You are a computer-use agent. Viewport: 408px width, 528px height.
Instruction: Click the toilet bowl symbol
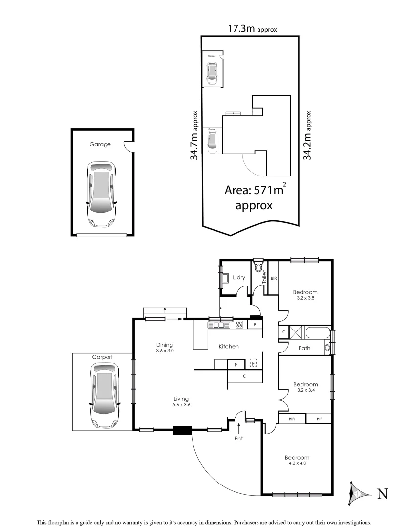click(x=258, y=268)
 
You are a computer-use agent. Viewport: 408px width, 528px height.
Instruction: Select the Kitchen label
click(x=229, y=346)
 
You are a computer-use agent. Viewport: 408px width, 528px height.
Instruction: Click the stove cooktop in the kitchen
click(x=239, y=324)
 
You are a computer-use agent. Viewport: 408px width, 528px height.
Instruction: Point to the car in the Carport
click(x=103, y=392)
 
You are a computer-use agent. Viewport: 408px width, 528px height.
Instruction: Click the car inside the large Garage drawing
click(x=101, y=194)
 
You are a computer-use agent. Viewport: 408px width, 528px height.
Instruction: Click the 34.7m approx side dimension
click(x=194, y=135)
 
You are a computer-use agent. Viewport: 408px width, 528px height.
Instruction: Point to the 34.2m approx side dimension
click(x=307, y=135)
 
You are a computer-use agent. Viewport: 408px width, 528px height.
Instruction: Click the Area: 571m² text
click(x=254, y=190)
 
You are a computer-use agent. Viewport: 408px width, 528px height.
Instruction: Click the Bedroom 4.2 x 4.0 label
click(x=297, y=460)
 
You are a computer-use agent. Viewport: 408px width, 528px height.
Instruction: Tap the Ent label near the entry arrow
click(x=238, y=438)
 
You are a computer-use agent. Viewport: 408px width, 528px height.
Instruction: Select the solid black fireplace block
click(x=183, y=430)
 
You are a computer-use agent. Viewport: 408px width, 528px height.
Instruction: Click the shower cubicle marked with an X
click(x=296, y=332)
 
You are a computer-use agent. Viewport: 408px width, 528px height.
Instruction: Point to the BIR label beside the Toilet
click(x=274, y=278)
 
